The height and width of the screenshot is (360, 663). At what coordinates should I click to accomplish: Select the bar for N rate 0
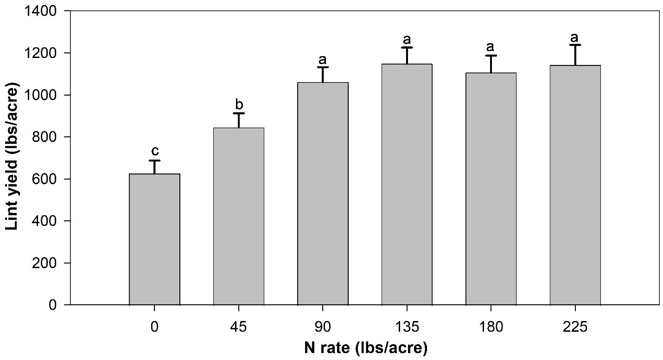pos(154,239)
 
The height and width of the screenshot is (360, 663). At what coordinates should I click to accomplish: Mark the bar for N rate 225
pos(575,185)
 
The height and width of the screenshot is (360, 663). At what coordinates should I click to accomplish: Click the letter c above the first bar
pos(155,151)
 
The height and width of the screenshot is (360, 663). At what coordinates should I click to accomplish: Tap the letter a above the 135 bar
pos(407,38)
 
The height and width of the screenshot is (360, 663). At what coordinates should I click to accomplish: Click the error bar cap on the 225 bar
pos(575,45)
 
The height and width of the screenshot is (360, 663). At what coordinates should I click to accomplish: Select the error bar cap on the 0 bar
pos(154,161)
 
